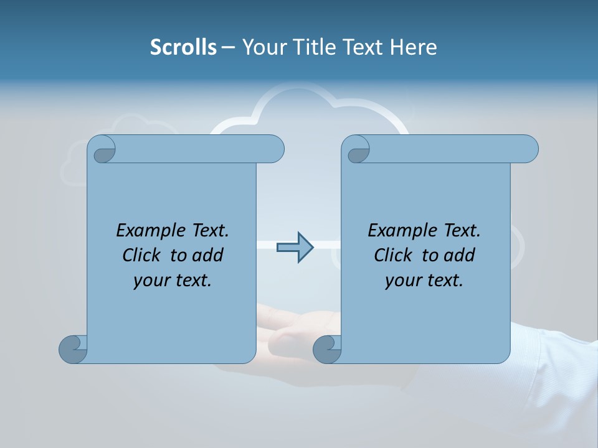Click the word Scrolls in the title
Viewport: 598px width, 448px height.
pos(183,47)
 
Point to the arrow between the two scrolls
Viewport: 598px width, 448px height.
pos(295,248)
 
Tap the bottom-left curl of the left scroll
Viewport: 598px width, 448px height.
pos(72,349)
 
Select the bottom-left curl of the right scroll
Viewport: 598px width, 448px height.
pos(326,349)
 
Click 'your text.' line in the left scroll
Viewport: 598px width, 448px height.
pos(173,281)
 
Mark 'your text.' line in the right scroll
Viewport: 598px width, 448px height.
pos(424,281)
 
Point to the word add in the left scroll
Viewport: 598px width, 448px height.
pos(207,256)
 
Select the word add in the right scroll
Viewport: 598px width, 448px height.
pos(458,256)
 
